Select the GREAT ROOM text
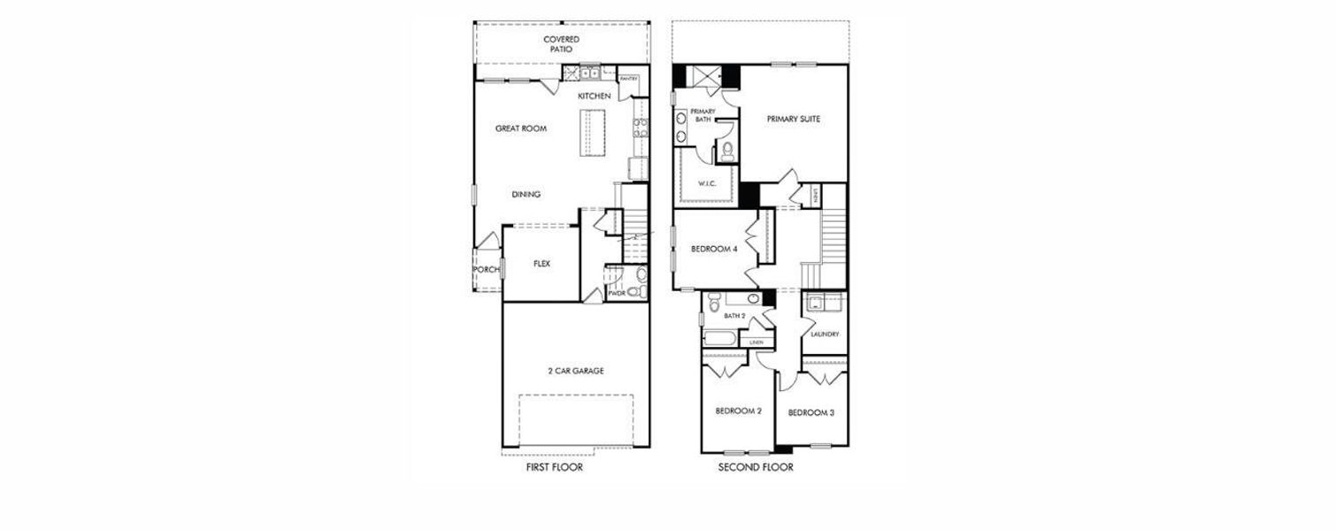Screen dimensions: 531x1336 (x=520, y=128)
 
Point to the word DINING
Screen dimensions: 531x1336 (x=526, y=195)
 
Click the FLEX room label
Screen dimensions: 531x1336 (x=542, y=264)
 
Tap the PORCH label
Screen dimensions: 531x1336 (x=486, y=270)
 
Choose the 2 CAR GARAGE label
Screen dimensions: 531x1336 (x=575, y=371)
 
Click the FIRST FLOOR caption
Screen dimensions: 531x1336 (x=554, y=467)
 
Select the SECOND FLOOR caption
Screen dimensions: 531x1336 (x=756, y=467)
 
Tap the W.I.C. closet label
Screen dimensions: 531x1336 (x=706, y=183)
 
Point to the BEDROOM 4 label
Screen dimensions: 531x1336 (x=714, y=250)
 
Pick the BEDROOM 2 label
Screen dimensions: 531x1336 (x=738, y=411)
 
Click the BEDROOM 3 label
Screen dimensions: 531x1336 (x=811, y=412)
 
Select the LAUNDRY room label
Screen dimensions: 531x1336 (x=825, y=334)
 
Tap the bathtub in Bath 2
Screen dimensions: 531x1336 (x=722, y=337)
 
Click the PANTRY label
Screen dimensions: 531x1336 (x=629, y=79)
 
